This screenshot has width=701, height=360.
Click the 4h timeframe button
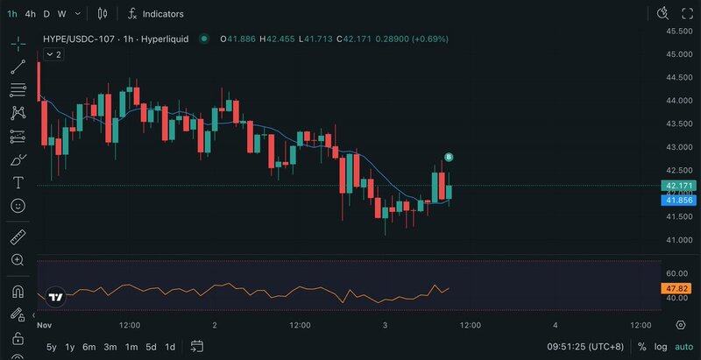pyautogui.click(x=31, y=14)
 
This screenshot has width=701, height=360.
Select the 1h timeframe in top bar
pyautogui.click(x=12, y=14)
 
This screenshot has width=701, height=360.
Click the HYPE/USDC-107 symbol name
pyautogui.click(x=81, y=39)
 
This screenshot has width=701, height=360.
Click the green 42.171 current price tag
pyautogui.click(x=680, y=186)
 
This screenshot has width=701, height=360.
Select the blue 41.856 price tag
pyautogui.click(x=680, y=201)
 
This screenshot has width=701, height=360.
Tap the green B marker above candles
pyautogui.click(x=449, y=157)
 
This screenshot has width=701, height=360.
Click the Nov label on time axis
pyautogui.click(x=45, y=325)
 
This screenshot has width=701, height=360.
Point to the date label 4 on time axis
pyautogui.click(x=556, y=325)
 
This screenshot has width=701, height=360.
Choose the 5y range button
pyautogui.click(x=52, y=347)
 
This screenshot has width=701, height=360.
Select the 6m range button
pyautogui.click(x=89, y=347)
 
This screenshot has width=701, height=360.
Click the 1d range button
pyautogui.click(x=170, y=347)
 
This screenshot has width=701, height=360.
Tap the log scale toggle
pyautogui.click(x=660, y=347)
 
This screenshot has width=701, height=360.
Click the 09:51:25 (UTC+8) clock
pyautogui.click(x=585, y=347)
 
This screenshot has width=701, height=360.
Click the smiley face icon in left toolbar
pyautogui.click(x=18, y=206)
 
